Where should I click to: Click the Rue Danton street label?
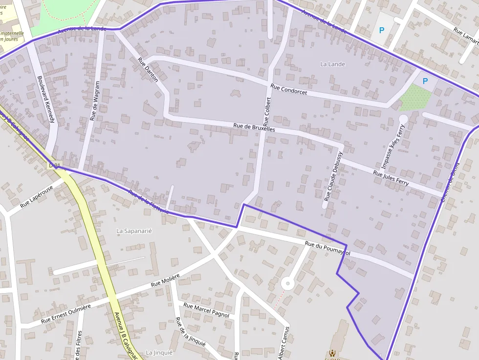(x=149, y=70)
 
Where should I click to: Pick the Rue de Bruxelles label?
(x=254, y=128)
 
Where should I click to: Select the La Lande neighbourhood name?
(x=332, y=64)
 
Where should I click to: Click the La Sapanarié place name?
(x=134, y=231)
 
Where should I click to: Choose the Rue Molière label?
(x=165, y=280)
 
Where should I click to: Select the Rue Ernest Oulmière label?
(x=66, y=314)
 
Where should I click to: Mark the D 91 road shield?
(x=54, y=166)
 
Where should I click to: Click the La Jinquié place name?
(x=159, y=353)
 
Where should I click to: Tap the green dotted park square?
(x=415, y=98)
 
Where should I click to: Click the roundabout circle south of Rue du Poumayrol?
(x=287, y=283)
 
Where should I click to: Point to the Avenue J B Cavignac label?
(x=125, y=336)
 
